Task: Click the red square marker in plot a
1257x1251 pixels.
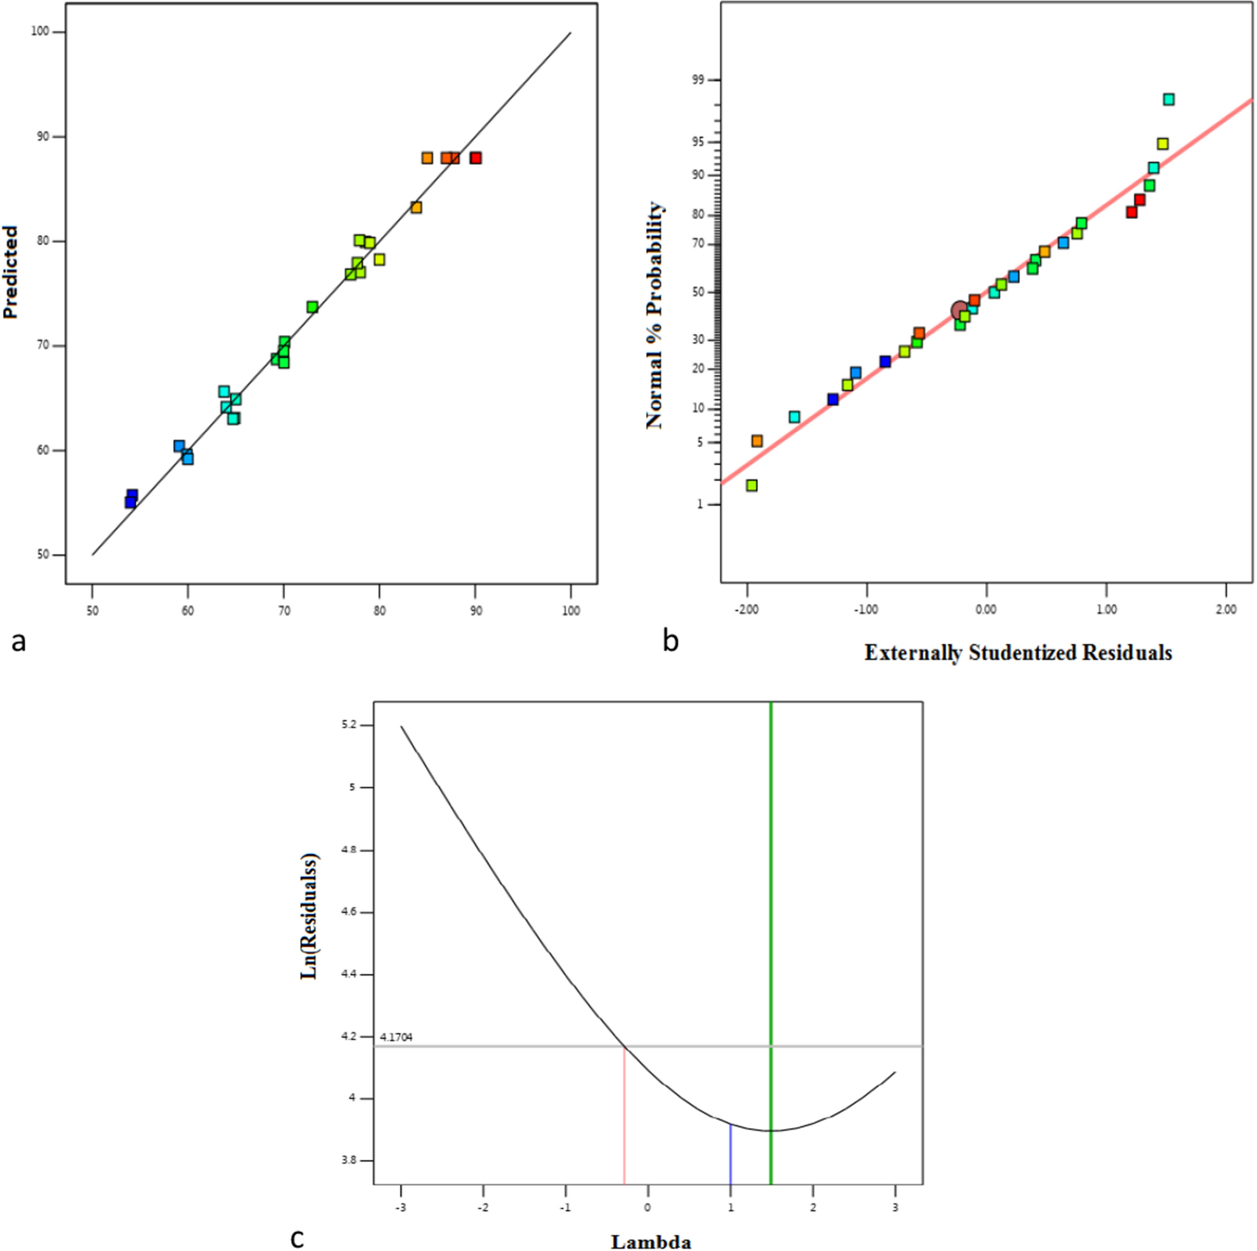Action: [x=476, y=158]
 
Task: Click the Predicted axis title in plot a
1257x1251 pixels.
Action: [x=10, y=272]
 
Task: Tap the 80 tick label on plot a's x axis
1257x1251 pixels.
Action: [x=379, y=611]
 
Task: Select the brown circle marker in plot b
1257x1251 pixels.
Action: [x=959, y=310]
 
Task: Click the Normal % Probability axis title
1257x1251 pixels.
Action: [x=655, y=315]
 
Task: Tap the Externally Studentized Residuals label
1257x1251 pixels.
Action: [x=1019, y=653]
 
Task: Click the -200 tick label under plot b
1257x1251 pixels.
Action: [x=747, y=610]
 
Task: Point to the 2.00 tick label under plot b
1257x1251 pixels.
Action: [x=1226, y=610]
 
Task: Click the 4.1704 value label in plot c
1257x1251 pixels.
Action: [x=396, y=1037]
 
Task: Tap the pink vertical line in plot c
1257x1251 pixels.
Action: [x=624, y=1120]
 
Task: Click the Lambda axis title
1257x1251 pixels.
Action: [x=651, y=1242]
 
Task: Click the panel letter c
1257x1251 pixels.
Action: [x=297, y=1238]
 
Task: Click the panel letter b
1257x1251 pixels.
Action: [x=670, y=642]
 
